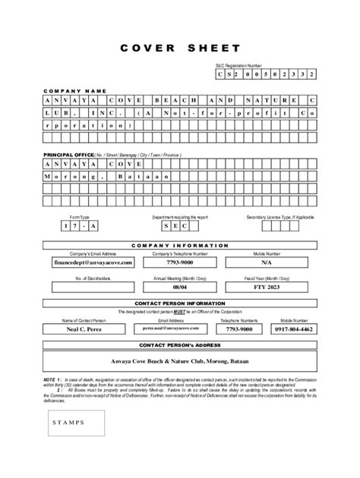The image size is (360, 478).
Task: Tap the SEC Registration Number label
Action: (x=241, y=66)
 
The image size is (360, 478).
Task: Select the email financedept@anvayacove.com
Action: (x=92, y=262)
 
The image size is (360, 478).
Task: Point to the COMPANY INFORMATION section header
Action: (x=180, y=245)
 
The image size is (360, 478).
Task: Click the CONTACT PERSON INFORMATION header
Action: (x=180, y=304)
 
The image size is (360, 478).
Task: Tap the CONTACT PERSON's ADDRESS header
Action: (x=180, y=344)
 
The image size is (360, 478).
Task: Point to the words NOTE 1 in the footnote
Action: (x=54, y=378)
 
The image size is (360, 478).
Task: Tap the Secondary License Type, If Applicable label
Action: (x=279, y=217)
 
